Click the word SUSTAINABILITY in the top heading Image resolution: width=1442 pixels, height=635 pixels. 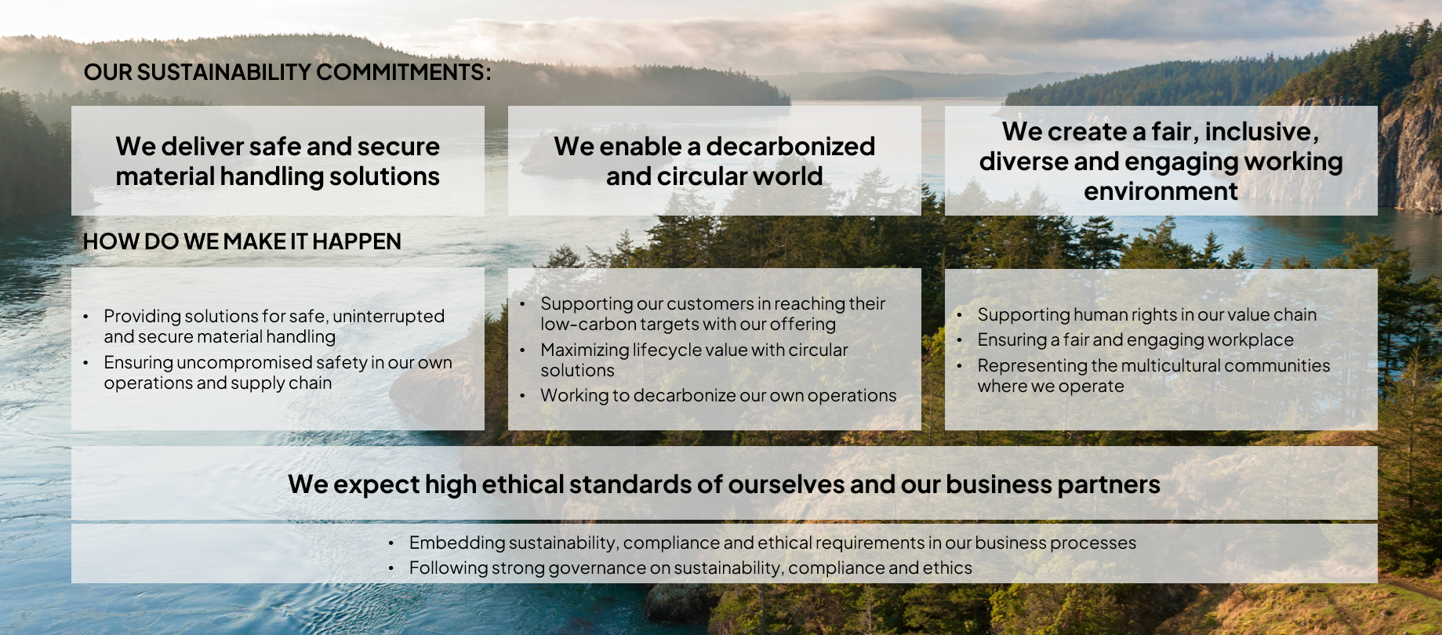pos(223,72)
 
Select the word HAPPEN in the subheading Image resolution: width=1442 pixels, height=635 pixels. pos(357,241)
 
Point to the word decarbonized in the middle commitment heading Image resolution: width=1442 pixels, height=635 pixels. pos(790,147)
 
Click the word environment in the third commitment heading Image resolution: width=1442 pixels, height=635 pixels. pos(1161,191)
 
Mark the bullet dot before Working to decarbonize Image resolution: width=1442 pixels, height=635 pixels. pos(522,396)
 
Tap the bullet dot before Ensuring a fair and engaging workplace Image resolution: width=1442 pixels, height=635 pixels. pos(960,340)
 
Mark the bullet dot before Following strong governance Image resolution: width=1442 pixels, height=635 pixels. pos(390,568)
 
